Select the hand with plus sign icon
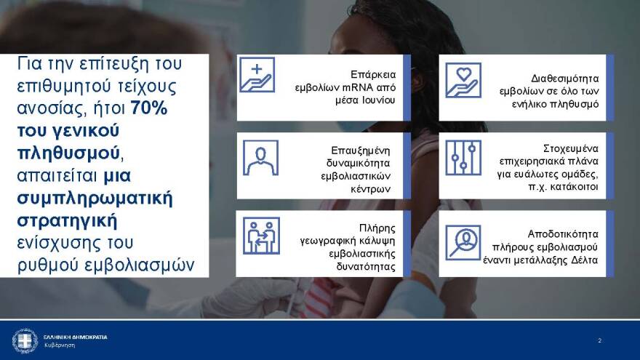tap(257, 75)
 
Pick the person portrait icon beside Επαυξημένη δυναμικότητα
tap(260, 158)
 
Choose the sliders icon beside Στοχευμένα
tap(463, 158)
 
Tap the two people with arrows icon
tap(260, 236)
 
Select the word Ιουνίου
tap(377, 100)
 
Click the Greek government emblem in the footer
tap(25, 340)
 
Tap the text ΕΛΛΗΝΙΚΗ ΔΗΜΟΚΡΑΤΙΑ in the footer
tap(75, 337)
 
